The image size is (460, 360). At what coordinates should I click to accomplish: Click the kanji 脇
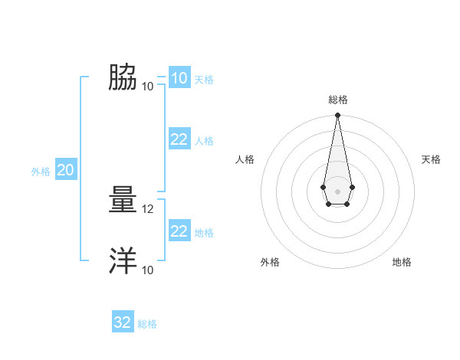tap(123, 77)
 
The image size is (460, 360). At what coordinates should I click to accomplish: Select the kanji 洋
tap(123, 261)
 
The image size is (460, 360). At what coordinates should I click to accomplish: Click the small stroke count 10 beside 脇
tap(148, 86)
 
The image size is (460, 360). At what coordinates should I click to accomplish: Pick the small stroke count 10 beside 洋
tap(148, 270)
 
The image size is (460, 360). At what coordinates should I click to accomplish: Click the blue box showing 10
tap(179, 78)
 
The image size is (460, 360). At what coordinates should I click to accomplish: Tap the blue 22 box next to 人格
tap(179, 139)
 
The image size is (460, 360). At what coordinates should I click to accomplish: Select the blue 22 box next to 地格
tap(179, 231)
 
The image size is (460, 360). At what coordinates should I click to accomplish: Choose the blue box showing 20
tap(65, 170)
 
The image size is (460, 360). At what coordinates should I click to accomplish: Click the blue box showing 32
tap(123, 322)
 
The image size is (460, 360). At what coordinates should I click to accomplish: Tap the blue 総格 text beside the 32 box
tap(147, 324)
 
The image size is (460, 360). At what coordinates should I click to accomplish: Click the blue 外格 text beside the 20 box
tap(41, 172)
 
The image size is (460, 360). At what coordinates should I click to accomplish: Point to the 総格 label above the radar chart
tap(337, 100)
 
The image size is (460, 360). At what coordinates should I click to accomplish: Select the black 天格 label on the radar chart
tap(431, 159)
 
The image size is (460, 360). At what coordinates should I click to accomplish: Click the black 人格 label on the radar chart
tap(245, 159)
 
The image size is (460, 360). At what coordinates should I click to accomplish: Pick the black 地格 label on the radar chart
tap(402, 262)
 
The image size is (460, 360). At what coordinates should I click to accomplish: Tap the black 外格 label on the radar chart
tap(270, 262)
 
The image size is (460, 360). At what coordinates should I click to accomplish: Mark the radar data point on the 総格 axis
tap(337, 116)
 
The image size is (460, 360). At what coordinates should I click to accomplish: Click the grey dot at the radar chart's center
tap(337, 191)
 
